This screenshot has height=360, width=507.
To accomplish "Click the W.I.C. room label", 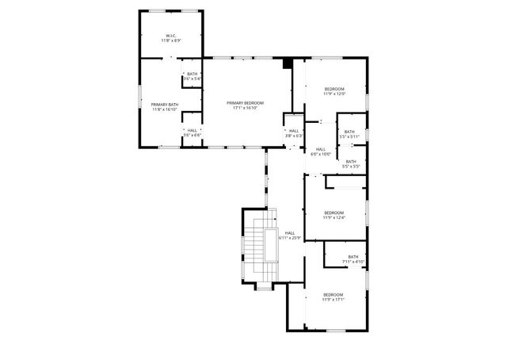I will pyautogui.click(x=171, y=35).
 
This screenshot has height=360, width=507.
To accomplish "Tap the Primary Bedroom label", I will pyautogui.click(x=245, y=103).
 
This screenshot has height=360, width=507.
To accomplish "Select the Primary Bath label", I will pyautogui.click(x=165, y=104).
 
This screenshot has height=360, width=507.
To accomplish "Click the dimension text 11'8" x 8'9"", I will pyautogui.click(x=171, y=40).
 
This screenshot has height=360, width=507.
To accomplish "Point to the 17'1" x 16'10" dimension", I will pyautogui.click(x=245, y=108).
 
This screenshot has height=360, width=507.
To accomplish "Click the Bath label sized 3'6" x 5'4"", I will pyautogui.click(x=193, y=74).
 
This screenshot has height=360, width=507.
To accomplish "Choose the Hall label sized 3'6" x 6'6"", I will pyautogui.click(x=193, y=131).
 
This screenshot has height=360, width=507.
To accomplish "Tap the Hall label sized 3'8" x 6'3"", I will pyautogui.click(x=294, y=131).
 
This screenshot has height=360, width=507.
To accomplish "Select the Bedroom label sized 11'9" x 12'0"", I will pyautogui.click(x=334, y=89).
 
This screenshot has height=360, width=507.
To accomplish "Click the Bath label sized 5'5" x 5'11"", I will pyautogui.click(x=350, y=132).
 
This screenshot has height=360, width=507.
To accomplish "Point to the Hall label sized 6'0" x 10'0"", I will pyautogui.click(x=321, y=149).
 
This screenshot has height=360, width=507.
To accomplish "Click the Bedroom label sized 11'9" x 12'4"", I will pyautogui.click(x=334, y=213).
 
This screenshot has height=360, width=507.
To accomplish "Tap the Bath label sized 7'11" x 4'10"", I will pyautogui.click(x=353, y=256).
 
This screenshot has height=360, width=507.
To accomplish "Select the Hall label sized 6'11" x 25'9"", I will pyautogui.click(x=290, y=233).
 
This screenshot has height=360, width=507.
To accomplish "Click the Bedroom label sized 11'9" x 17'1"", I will pyautogui.click(x=333, y=294).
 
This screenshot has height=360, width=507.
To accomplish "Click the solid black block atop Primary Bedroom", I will pyautogui.click(x=288, y=63).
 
